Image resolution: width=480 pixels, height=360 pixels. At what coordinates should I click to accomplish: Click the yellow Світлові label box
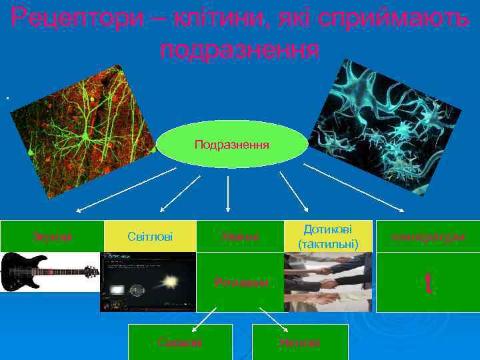pyautogui.click(x=150, y=236)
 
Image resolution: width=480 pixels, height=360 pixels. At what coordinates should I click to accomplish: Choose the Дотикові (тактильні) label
pyautogui.click(x=327, y=236)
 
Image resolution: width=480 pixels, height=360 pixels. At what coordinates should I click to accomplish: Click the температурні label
pyautogui.click(x=428, y=236)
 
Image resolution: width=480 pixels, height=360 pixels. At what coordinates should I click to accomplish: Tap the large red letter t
pyautogui.click(x=429, y=283)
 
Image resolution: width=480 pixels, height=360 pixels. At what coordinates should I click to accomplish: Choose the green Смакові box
pyautogui.click(x=180, y=342)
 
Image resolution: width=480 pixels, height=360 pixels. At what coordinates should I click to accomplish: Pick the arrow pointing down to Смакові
pyautogui.click(x=204, y=320)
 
